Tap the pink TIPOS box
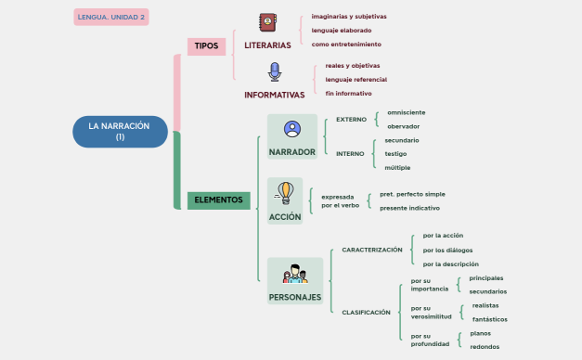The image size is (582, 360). point(206,46)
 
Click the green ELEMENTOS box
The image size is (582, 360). point(218,199)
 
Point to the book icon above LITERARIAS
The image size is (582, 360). point(267,23)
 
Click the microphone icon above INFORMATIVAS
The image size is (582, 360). point(274,72)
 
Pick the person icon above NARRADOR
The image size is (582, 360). point(292,130)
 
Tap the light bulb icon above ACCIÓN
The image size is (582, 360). point(285,193)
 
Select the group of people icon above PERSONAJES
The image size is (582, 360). point(295,275)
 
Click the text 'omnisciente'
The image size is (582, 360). point(406,112)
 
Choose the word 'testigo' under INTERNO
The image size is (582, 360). point(396,153)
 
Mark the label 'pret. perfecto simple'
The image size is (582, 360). point(412,194)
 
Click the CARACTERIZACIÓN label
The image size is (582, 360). point(372,250)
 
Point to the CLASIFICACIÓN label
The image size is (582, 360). point(366,313)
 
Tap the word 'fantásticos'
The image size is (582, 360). point(491,319)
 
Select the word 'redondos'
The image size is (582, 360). point(485,347)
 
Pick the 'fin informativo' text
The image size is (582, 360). point(348,94)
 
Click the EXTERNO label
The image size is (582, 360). point(351,119)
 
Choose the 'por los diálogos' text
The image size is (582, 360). point(447,250)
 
